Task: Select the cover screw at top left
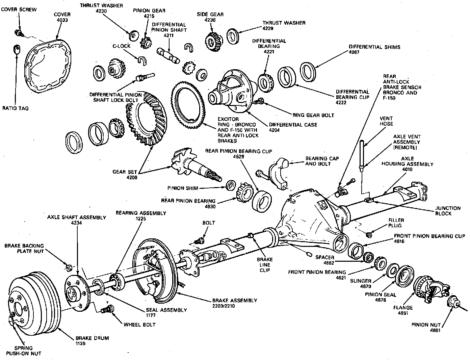[x=19, y=33]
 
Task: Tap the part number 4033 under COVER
[x=62, y=20]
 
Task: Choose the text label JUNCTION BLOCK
[x=448, y=211]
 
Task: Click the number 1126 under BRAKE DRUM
[x=81, y=343]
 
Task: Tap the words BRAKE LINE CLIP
[x=265, y=265]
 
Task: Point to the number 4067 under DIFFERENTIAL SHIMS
[x=355, y=52]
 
